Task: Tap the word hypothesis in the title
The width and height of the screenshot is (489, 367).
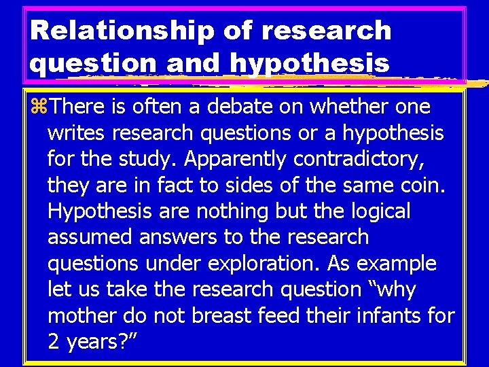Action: (310, 63)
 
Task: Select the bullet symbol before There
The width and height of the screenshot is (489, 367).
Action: (39, 107)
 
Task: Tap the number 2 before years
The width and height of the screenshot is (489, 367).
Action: (54, 342)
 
